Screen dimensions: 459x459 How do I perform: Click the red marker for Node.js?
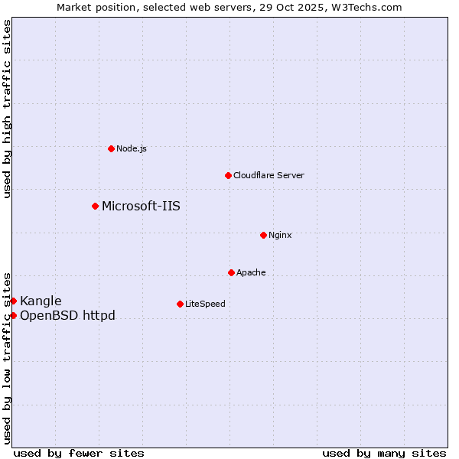pyautogui.click(x=111, y=148)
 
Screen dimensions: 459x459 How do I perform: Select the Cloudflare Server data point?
pyautogui.click(x=228, y=175)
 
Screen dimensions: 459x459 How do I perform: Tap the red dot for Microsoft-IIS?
pyautogui.click(x=95, y=206)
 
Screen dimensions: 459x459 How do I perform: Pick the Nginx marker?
pyautogui.click(x=263, y=235)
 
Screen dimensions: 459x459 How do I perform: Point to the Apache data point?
pyautogui.click(x=231, y=272)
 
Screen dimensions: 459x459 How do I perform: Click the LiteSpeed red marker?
pyautogui.click(x=180, y=304)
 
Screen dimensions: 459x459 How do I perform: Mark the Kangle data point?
pyautogui.click(x=13, y=301)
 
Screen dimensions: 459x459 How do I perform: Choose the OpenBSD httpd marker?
pyautogui.click(x=13, y=315)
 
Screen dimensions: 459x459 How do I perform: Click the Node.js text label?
pyautogui.click(x=132, y=148)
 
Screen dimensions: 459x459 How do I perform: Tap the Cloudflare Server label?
pyautogui.click(x=269, y=175)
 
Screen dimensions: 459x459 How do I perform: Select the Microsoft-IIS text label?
pyautogui.click(x=141, y=206)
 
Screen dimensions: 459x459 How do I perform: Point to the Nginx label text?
pyautogui.click(x=280, y=235)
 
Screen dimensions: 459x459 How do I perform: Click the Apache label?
pyautogui.click(x=251, y=272)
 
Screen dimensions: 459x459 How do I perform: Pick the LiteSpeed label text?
pyautogui.click(x=205, y=304)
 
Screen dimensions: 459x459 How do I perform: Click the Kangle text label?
pyautogui.click(x=41, y=301)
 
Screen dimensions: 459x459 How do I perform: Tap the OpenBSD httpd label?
pyautogui.click(x=67, y=315)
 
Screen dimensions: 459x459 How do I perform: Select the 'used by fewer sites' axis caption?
pyautogui.click(x=79, y=453)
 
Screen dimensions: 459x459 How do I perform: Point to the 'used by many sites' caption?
pyautogui.click(x=384, y=453)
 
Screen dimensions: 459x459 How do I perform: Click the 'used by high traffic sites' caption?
pyautogui.click(x=7, y=109)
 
